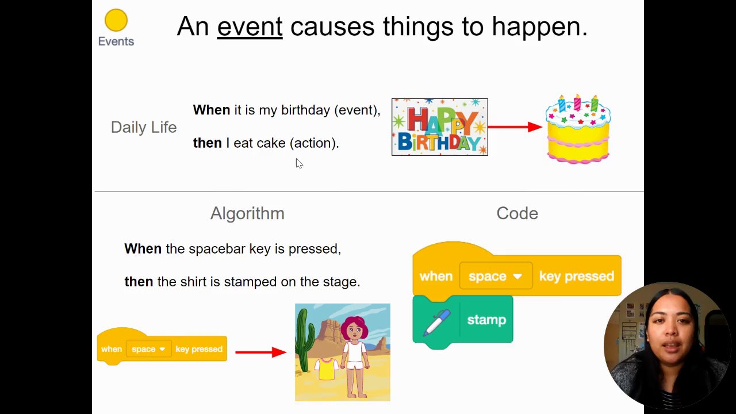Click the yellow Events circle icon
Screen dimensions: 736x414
(x=116, y=20)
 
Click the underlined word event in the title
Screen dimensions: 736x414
(x=250, y=26)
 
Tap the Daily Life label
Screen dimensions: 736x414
(x=144, y=128)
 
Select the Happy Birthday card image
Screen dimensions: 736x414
(x=440, y=127)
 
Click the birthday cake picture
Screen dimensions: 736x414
(x=578, y=129)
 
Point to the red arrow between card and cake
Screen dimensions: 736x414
(x=515, y=127)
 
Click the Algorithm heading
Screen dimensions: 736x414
(x=247, y=213)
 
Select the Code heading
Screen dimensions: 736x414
(x=517, y=213)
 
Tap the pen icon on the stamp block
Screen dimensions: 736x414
(x=436, y=323)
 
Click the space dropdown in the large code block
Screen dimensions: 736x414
(x=496, y=276)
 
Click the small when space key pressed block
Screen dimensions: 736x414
(x=162, y=347)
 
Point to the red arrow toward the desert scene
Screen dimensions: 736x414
(x=261, y=352)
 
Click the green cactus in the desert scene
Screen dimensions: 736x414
(x=304, y=340)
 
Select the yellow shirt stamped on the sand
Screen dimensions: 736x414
(x=326, y=369)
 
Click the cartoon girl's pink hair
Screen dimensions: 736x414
(x=354, y=326)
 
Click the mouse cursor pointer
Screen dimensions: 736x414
(x=299, y=164)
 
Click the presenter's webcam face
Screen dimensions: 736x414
(x=670, y=335)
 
